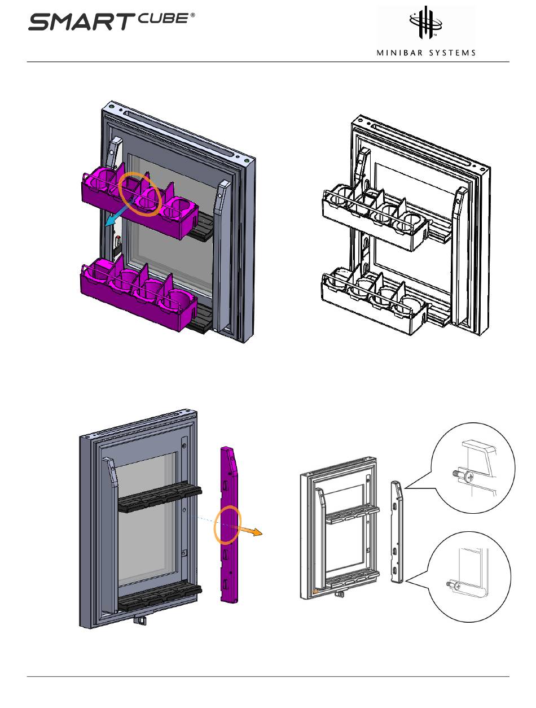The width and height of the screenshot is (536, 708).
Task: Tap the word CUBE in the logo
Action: [164, 18]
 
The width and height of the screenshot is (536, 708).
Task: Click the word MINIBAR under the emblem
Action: [399, 53]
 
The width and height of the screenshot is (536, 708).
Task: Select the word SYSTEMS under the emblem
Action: [451, 53]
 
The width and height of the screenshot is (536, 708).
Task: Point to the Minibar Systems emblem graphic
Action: [426, 22]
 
